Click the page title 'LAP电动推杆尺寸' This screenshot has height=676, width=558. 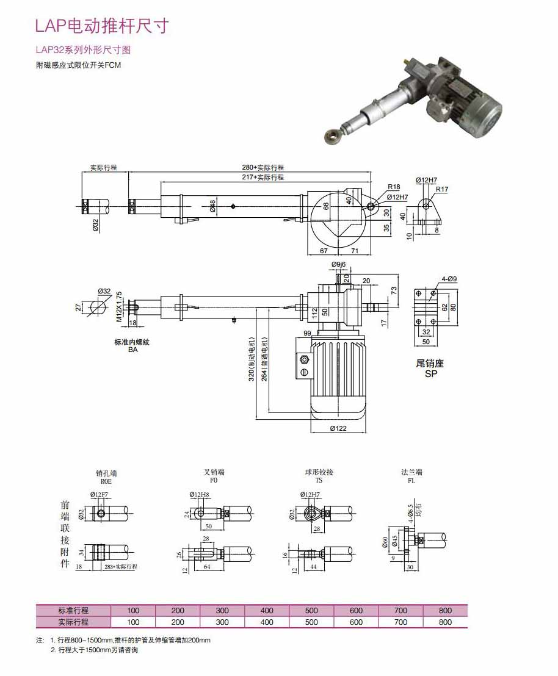101,26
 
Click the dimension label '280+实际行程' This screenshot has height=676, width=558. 263,167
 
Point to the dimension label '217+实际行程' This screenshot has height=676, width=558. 263,177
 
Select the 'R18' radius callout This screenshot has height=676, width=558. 393,187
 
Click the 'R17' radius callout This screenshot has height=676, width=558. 442,189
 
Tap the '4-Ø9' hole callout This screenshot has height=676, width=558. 449,279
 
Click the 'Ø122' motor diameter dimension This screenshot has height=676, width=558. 338,428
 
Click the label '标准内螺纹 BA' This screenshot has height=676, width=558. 132,346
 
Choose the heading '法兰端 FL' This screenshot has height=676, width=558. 411,476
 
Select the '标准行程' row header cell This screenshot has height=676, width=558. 73,610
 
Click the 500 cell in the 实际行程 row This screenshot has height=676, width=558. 311,622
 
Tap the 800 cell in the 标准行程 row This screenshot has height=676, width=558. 445,610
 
